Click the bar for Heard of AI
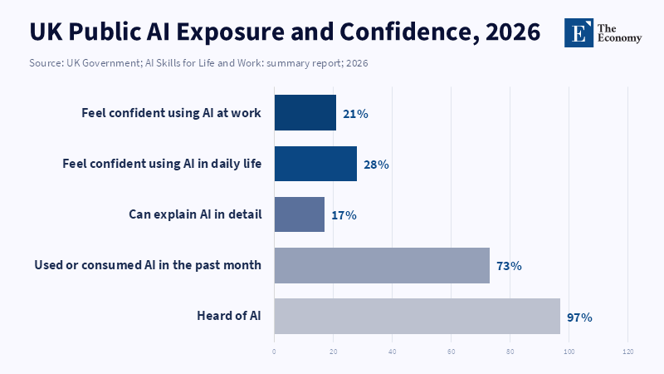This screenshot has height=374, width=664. tap(417, 316)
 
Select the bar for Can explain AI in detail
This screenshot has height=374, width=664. tap(299, 214)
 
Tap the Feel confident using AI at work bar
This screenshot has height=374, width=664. tap(305, 113)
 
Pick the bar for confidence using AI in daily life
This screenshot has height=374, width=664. tap(315, 164)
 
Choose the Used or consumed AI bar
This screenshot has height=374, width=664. tap(382, 265)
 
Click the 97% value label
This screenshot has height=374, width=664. tap(579, 317)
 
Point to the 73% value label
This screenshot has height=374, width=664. tap(508, 266)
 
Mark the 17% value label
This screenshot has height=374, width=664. tap(344, 215)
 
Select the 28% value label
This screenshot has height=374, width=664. tap(376, 165)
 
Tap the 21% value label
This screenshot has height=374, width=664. tap(355, 114)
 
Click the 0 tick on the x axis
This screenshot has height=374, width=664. tap(274, 352)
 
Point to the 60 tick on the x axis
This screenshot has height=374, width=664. tap(451, 352)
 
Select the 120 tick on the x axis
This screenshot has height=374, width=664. tap(627, 352)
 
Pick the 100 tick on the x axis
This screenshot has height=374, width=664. tap(569, 352)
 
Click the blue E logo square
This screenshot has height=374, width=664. tap(579, 32)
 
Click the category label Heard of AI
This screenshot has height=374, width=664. tap(229, 316)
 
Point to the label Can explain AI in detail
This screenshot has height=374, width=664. tap(195, 214)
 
